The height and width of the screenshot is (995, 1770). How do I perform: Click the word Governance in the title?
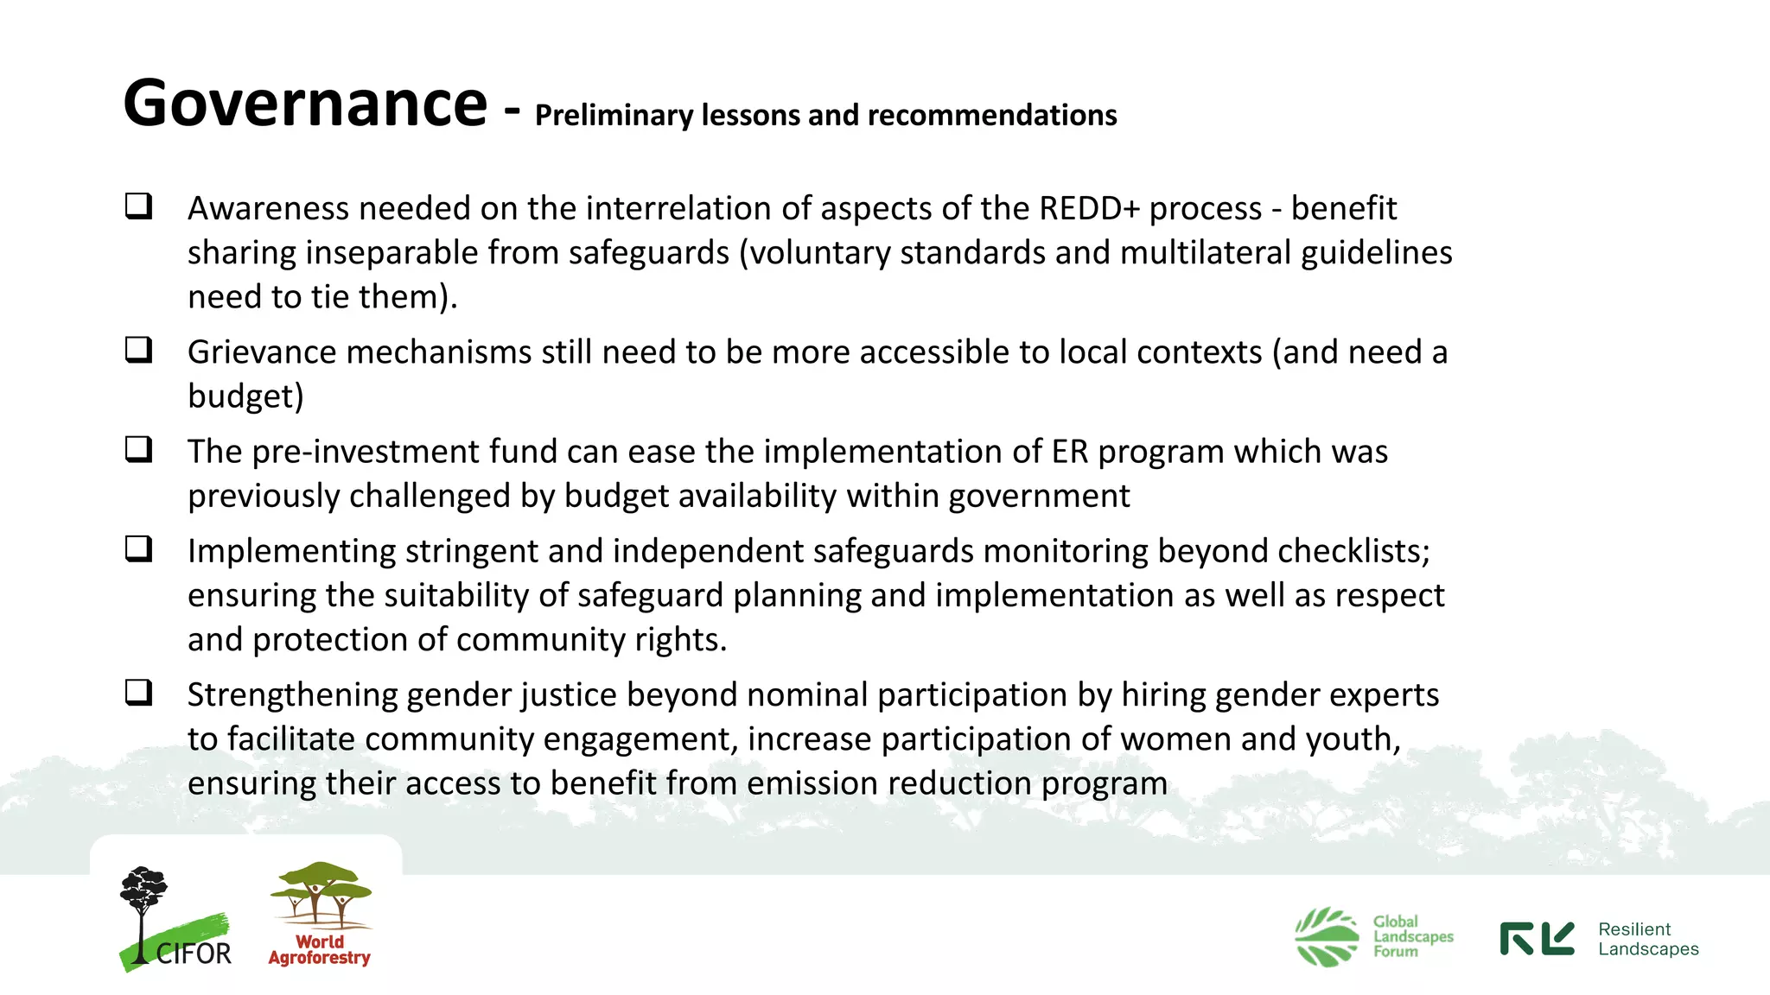click(x=305, y=104)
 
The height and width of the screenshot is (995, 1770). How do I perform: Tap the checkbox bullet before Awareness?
click(x=138, y=206)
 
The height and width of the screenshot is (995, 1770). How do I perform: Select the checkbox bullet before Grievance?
click(x=138, y=350)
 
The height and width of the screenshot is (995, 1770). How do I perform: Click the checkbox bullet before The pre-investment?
click(x=138, y=449)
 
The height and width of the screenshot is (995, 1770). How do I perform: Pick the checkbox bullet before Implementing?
click(x=138, y=548)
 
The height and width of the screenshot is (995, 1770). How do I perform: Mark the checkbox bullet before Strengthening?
click(x=138, y=692)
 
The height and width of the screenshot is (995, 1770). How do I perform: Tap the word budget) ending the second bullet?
click(x=245, y=396)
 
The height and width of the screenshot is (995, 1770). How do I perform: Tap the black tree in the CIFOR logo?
click(x=142, y=903)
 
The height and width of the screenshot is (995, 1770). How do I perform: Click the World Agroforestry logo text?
click(x=320, y=950)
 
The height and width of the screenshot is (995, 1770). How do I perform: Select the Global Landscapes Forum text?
click(x=1412, y=936)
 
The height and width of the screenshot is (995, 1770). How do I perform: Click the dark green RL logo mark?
click(x=1537, y=939)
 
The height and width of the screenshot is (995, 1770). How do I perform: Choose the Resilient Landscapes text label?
click(x=1647, y=939)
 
